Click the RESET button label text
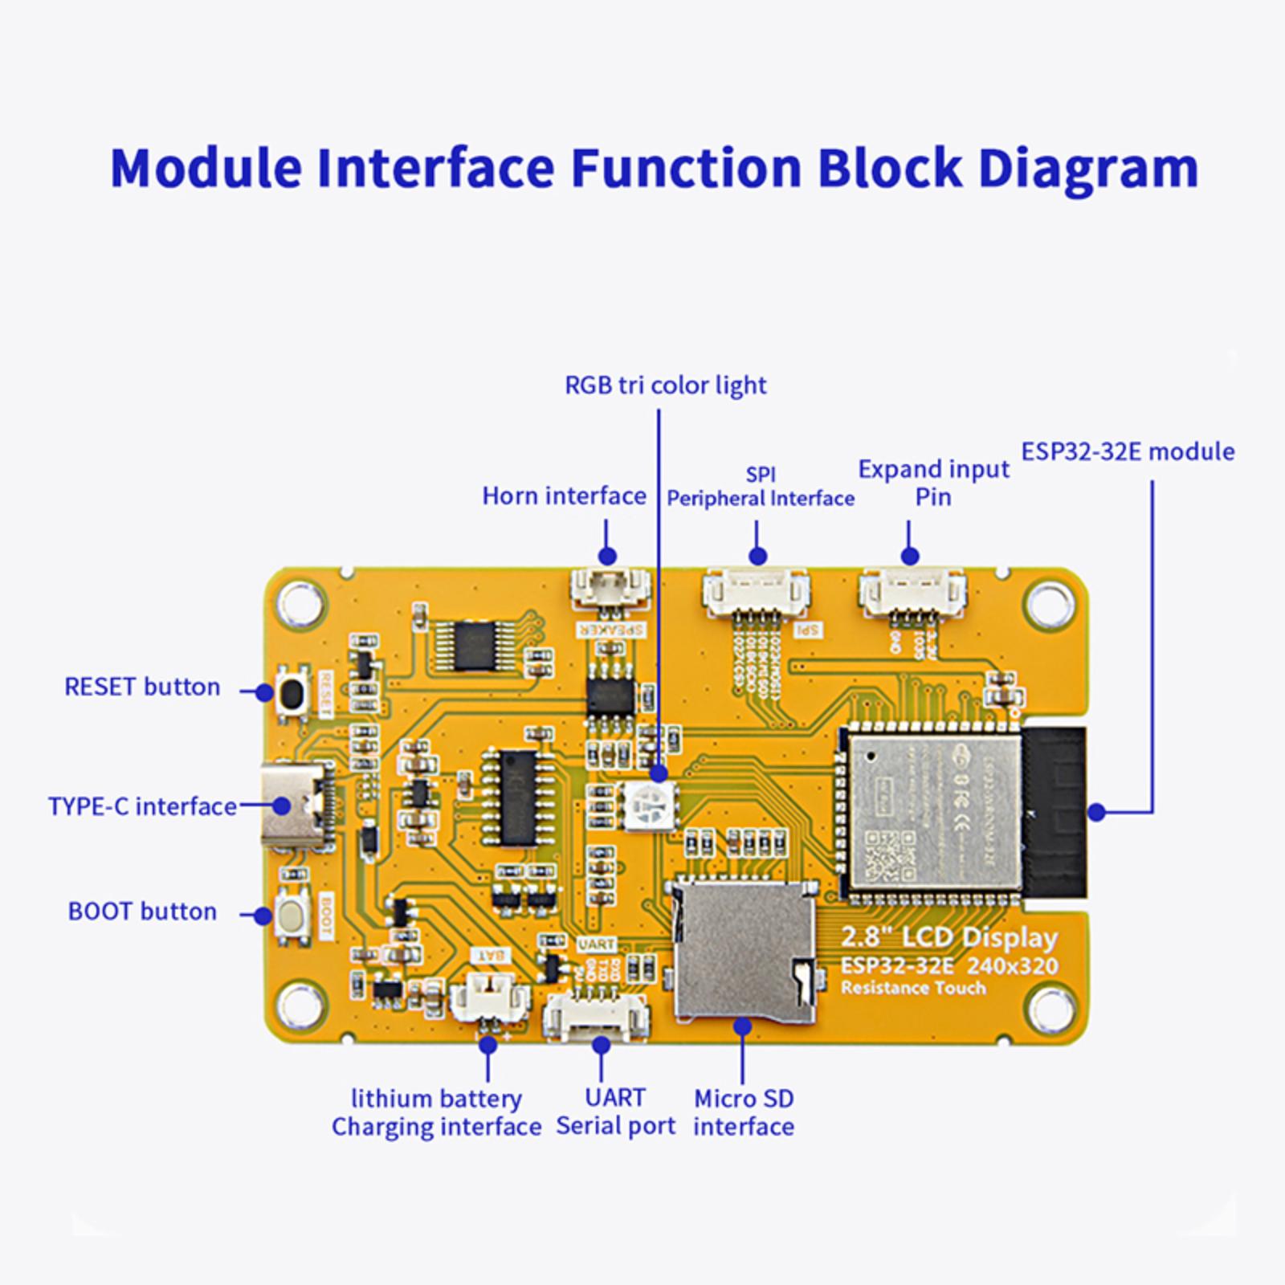click(x=142, y=687)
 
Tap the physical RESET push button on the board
click(x=292, y=692)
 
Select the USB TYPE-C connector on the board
click(x=294, y=806)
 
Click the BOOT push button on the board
click(x=292, y=915)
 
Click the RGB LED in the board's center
click(x=648, y=806)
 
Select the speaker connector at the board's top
click(x=610, y=589)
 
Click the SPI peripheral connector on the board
click(x=756, y=593)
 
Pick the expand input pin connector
click(x=912, y=593)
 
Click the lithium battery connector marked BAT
click(x=490, y=999)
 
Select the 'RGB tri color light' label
click(x=666, y=385)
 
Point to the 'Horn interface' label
click(x=564, y=496)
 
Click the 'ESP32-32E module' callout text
click(x=1128, y=452)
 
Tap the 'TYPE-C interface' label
click(x=142, y=806)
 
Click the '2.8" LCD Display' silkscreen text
click(x=948, y=938)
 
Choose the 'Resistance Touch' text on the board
click(x=913, y=988)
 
